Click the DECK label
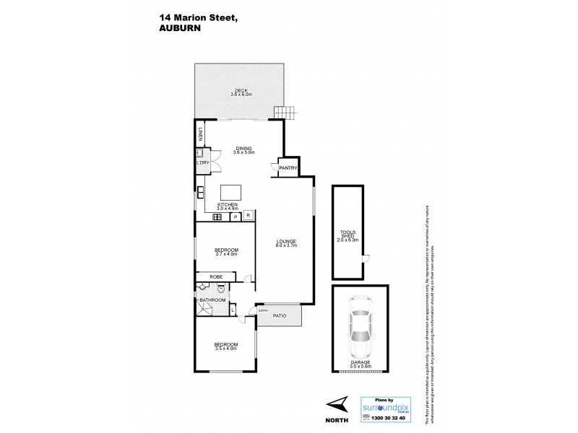[x=241, y=89]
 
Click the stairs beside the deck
[x=285, y=113]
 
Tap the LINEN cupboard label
[x=199, y=135]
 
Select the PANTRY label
[x=289, y=168]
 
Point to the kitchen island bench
[x=231, y=191]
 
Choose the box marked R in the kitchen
[x=248, y=216]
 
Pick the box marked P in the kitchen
[x=234, y=216]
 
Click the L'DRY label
[x=202, y=163]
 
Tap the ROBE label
[x=215, y=277]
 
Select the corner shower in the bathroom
[x=203, y=309]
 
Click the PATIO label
[x=279, y=315]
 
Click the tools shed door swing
[x=366, y=259]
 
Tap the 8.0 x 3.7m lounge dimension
[x=285, y=245]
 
